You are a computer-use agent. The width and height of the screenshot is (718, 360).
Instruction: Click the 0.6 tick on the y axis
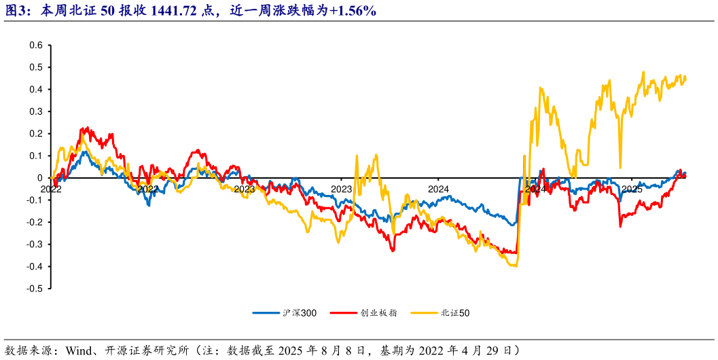(36, 46)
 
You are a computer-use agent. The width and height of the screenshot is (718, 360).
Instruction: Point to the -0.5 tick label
(34, 289)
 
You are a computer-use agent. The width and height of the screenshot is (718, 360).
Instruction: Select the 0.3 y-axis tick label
(36, 111)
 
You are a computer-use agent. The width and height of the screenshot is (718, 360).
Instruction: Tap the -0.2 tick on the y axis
(34, 222)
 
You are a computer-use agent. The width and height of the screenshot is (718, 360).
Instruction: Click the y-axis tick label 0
(39, 178)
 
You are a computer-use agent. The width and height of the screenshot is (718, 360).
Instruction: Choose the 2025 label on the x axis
(632, 189)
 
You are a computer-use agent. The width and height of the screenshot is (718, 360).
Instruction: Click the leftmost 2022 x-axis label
(51, 189)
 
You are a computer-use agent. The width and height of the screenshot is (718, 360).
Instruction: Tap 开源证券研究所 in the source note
(145, 350)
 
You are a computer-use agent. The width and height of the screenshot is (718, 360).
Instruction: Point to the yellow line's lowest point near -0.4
(514, 266)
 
